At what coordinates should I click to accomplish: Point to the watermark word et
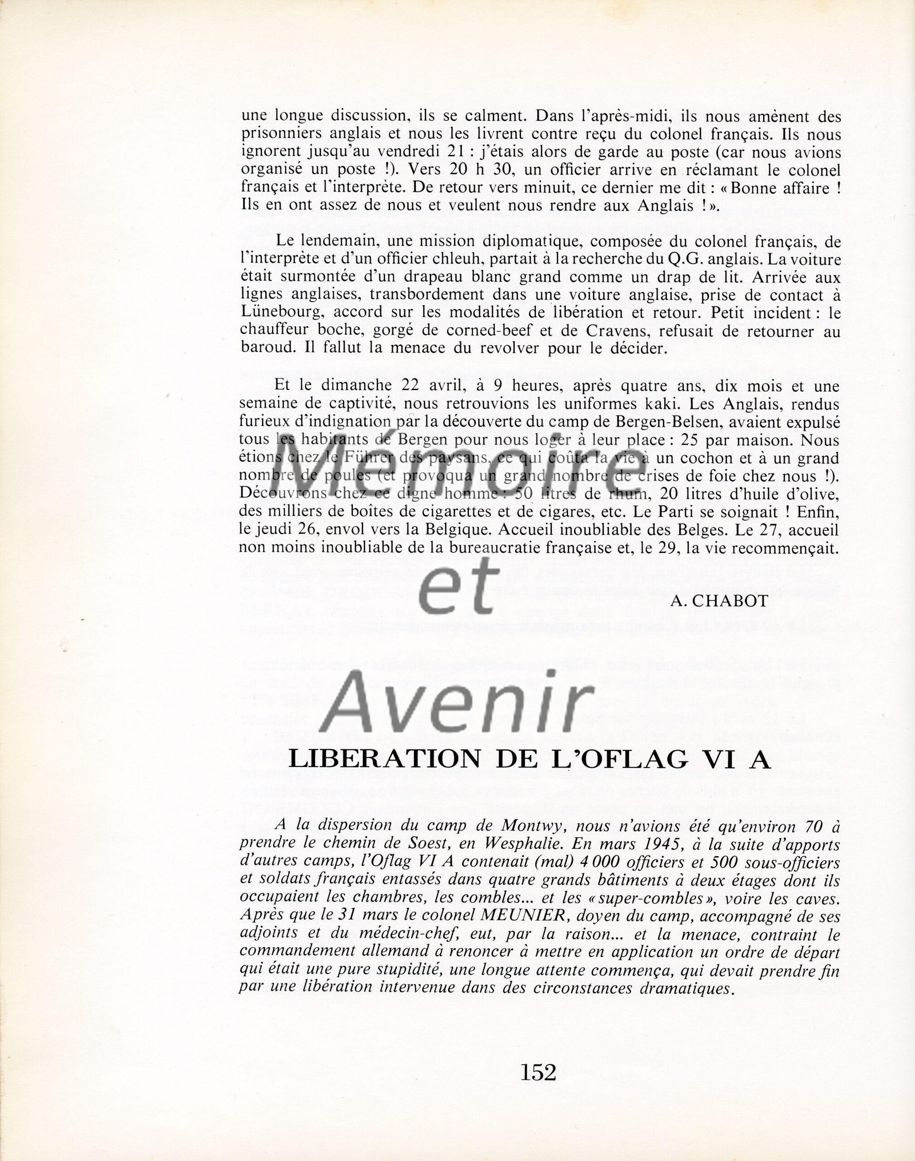coord(457,591)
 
